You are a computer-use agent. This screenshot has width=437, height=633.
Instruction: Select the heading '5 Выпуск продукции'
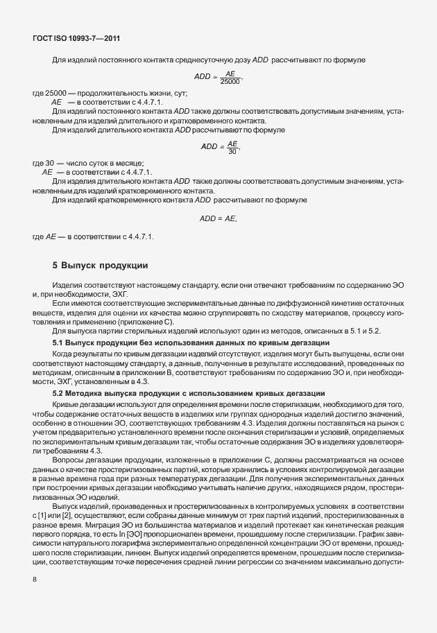click(x=101, y=266)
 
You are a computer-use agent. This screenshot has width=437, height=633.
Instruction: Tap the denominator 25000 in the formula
click(x=230, y=82)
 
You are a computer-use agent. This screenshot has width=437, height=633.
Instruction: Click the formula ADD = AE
click(x=218, y=219)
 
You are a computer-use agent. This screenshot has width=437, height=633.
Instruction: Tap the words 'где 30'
click(x=44, y=162)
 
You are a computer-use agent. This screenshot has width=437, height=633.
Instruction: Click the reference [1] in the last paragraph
click(x=44, y=516)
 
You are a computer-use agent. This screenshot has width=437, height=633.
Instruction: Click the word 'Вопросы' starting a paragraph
click(x=69, y=459)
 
